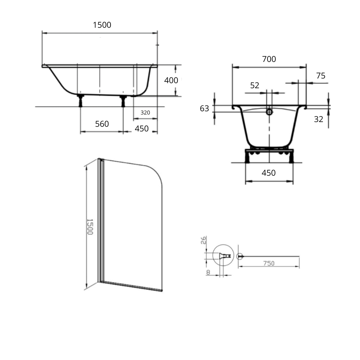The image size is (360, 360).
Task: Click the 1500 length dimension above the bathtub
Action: [x=102, y=25]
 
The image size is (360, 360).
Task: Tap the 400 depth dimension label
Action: [x=171, y=80]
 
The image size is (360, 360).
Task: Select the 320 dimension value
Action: [x=145, y=112]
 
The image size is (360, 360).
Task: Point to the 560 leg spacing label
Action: [x=102, y=124]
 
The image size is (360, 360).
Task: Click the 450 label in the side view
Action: [x=141, y=129]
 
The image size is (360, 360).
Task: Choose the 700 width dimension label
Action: [x=269, y=59]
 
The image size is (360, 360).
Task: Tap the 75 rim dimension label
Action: [x=321, y=76]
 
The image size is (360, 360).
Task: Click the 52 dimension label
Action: [x=255, y=85]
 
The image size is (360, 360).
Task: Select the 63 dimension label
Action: [x=204, y=108]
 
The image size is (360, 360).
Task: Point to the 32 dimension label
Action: [x=319, y=119]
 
